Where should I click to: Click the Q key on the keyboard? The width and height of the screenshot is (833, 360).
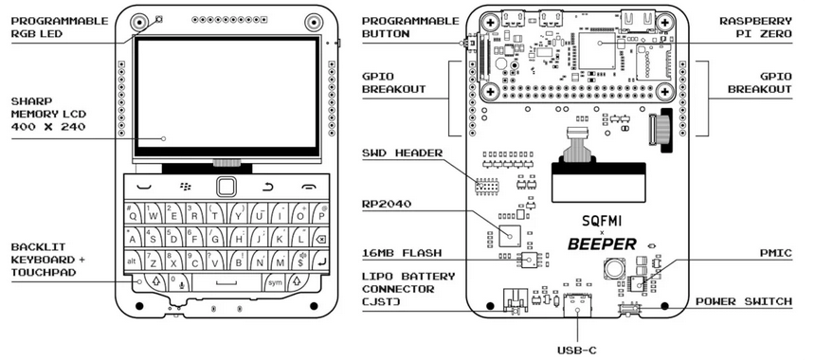pos(134,214)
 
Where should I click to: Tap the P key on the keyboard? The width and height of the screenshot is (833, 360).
pos(319,214)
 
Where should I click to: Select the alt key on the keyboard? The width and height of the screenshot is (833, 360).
pos(133,261)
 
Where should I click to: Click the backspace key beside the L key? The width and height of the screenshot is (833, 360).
pos(320,239)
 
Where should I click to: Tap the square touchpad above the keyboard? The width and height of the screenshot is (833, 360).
pos(226,187)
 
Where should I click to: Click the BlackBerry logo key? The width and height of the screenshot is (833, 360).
pos(186,186)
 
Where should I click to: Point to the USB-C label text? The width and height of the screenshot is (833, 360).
pos(577,350)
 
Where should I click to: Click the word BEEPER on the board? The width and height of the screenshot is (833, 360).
pos(602,243)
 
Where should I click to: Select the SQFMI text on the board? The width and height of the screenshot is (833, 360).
pos(602,221)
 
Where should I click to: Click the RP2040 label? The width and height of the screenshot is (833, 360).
pos(387,204)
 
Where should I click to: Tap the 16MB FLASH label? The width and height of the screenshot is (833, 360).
pos(402,253)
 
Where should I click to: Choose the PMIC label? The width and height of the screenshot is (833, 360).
pos(775,253)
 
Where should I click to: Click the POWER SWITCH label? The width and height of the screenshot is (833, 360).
pos(744,301)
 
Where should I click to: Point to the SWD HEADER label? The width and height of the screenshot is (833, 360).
pos(402,153)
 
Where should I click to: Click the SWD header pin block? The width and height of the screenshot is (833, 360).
pos(486,187)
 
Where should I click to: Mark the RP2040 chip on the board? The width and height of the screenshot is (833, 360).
pos(510,234)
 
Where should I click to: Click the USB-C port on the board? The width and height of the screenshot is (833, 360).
pos(577,305)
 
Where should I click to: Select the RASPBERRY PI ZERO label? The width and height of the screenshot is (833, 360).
pos(755,27)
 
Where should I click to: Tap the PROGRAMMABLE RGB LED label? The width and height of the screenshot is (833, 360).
pos(60,27)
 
